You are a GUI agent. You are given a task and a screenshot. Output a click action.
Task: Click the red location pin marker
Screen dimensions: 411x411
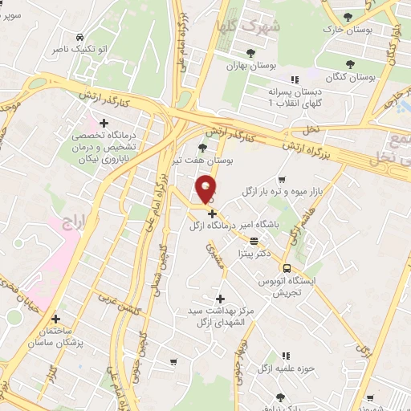click(x=207, y=188)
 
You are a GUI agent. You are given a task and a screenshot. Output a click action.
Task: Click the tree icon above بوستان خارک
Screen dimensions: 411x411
click(x=348, y=17)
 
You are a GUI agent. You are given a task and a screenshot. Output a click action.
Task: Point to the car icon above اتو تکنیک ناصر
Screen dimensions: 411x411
click(x=79, y=38)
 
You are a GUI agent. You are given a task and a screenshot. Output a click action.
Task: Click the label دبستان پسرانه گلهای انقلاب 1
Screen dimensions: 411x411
click(x=295, y=98)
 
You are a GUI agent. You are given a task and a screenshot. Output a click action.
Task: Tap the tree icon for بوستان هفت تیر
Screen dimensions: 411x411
click(x=201, y=148)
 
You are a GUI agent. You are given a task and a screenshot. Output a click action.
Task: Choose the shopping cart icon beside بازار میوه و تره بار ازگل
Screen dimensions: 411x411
click(x=281, y=181)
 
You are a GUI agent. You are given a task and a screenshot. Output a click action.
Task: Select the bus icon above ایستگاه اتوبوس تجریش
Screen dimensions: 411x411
click(x=287, y=269)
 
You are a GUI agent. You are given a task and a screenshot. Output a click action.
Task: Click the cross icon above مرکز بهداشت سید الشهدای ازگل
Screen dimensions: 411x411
click(x=220, y=299)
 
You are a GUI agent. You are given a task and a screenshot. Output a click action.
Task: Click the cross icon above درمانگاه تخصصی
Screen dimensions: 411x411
click(x=103, y=123)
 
